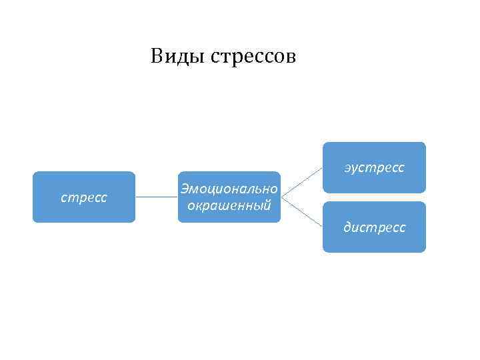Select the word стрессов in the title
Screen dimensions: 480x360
pyautogui.click(x=253, y=57)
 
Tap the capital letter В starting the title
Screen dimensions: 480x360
pyautogui.click(x=157, y=56)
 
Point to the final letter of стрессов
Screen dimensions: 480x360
pyautogui.click(x=290, y=58)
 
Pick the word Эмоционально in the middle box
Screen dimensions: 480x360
pyautogui.click(x=229, y=190)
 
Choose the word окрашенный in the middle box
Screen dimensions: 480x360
pyautogui.click(x=229, y=205)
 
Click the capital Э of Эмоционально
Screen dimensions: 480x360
pyautogui.click(x=184, y=190)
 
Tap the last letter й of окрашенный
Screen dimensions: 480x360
pyautogui.click(x=267, y=205)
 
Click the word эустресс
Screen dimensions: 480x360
pyautogui.click(x=374, y=168)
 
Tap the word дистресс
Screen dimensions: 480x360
pyautogui.click(x=374, y=228)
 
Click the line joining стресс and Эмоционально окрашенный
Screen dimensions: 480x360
pyautogui.click(x=156, y=197)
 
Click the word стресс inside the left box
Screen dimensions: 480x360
pyautogui.click(x=84, y=198)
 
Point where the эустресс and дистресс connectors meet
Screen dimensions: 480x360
pyautogui.click(x=282, y=197)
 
